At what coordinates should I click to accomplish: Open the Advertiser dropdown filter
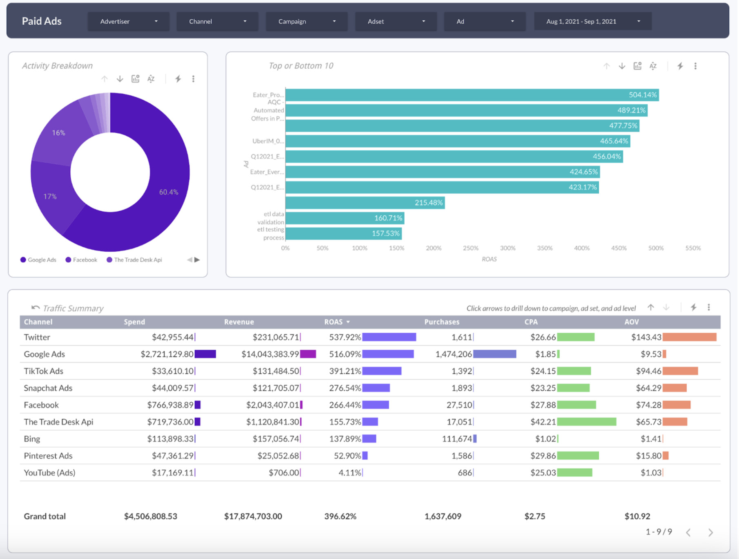click(128, 21)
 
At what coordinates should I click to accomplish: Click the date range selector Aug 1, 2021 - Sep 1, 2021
click(592, 21)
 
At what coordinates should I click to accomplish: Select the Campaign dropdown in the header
click(306, 21)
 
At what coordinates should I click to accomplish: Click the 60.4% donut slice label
click(169, 192)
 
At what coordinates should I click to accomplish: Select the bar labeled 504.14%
click(472, 95)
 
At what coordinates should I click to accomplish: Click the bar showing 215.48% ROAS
click(365, 203)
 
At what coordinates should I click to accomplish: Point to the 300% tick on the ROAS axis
click(508, 248)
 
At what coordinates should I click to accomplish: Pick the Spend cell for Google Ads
click(167, 354)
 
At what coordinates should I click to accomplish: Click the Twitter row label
click(37, 337)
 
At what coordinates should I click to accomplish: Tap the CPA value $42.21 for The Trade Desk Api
click(543, 422)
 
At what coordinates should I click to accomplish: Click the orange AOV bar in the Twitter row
click(689, 337)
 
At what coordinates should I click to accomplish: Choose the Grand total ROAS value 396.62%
click(340, 516)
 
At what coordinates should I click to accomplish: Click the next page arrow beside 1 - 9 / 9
click(710, 532)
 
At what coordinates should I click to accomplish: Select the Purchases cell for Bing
click(456, 439)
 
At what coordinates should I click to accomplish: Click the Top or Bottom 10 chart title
click(300, 66)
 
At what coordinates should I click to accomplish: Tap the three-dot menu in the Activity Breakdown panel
click(193, 79)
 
